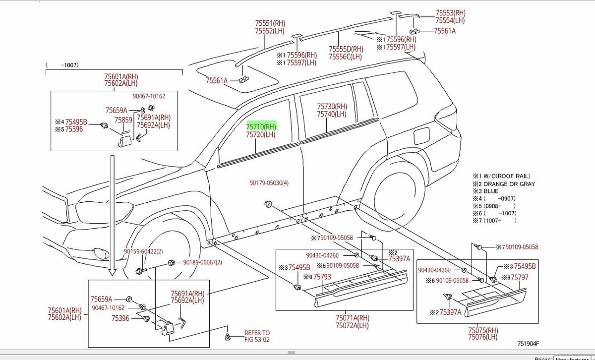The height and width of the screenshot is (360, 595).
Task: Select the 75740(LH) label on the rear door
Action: (x=332, y=114)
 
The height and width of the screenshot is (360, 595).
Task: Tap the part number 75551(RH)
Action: (x=270, y=23)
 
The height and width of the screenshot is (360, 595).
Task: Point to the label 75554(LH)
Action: (x=450, y=20)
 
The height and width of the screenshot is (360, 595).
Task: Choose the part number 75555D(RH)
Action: (x=346, y=49)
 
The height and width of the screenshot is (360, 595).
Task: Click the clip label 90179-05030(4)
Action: (x=269, y=183)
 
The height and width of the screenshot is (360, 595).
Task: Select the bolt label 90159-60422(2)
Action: (x=143, y=252)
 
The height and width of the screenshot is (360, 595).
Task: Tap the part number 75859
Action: (x=123, y=120)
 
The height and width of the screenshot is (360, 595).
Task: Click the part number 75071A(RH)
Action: (x=352, y=318)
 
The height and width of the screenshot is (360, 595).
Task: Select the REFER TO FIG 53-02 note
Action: (x=257, y=336)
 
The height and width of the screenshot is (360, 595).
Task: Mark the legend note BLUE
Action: (x=491, y=191)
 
